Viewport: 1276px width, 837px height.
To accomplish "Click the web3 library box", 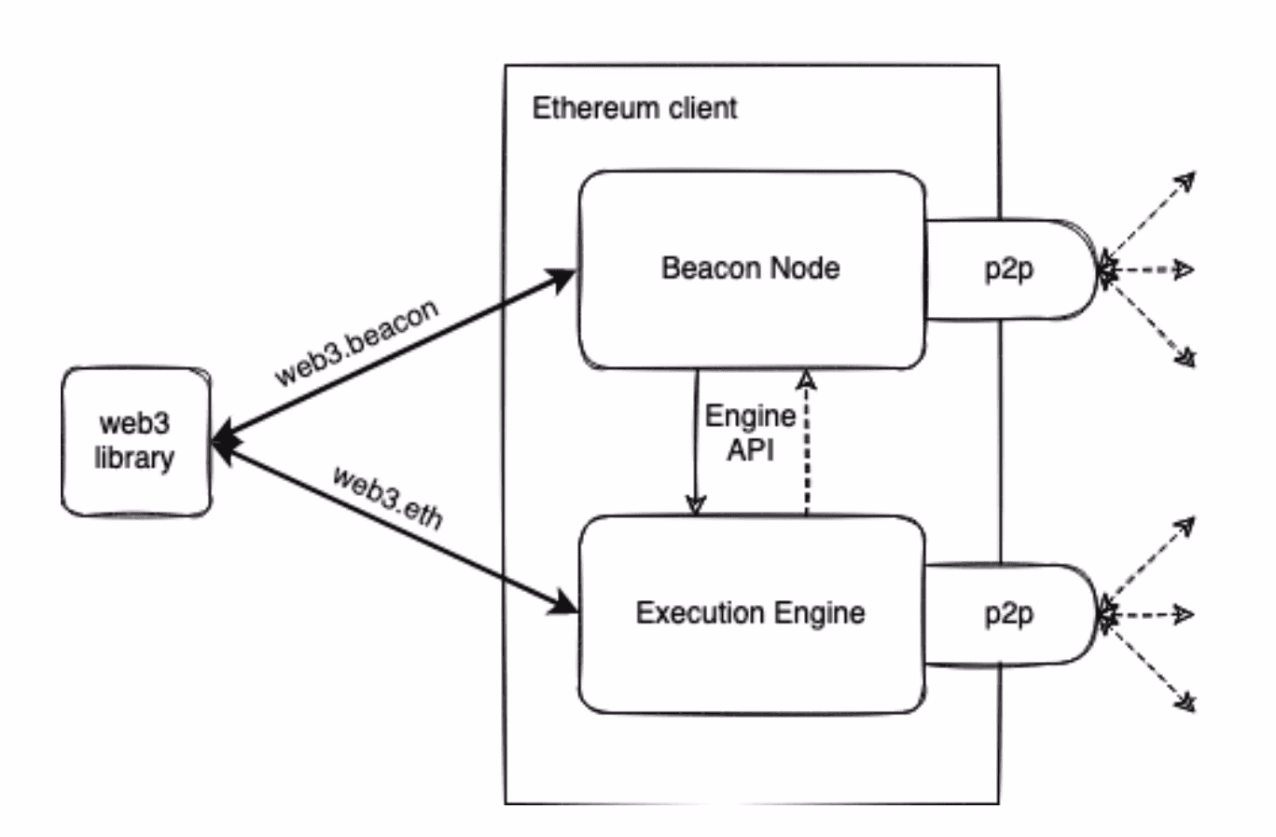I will [x=136, y=441].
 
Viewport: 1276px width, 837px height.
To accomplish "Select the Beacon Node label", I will [x=750, y=268].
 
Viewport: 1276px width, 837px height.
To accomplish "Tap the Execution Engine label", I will [x=750, y=613].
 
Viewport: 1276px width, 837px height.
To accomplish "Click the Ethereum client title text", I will [x=634, y=108].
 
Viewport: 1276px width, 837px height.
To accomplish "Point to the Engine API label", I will [x=750, y=432].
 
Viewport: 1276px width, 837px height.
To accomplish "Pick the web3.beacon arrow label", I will [x=356, y=342].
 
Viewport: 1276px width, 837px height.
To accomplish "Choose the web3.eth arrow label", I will [x=387, y=497].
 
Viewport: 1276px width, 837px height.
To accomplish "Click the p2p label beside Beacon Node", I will [x=1008, y=269].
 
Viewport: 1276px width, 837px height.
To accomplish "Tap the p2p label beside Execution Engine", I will [x=1008, y=614].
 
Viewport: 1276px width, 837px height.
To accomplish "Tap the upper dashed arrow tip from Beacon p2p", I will [x=1185, y=180].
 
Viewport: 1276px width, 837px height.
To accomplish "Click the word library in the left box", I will [x=134, y=459].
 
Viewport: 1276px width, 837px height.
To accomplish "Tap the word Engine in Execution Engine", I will [x=818, y=613].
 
